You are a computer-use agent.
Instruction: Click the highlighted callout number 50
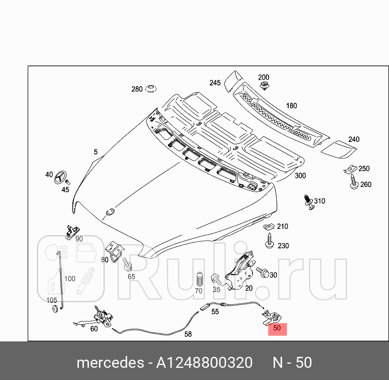(277, 328)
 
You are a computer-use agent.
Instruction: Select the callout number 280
(137, 89)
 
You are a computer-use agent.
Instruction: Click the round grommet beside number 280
(151, 89)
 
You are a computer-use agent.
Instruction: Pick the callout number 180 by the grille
(291, 106)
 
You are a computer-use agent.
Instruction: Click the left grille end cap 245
(233, 80)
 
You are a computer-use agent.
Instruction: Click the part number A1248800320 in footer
(204, 362)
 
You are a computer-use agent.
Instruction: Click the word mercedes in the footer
(109, 362)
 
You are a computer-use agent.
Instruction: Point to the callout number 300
(300, 176)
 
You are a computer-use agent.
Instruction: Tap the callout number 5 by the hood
(96, 152)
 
